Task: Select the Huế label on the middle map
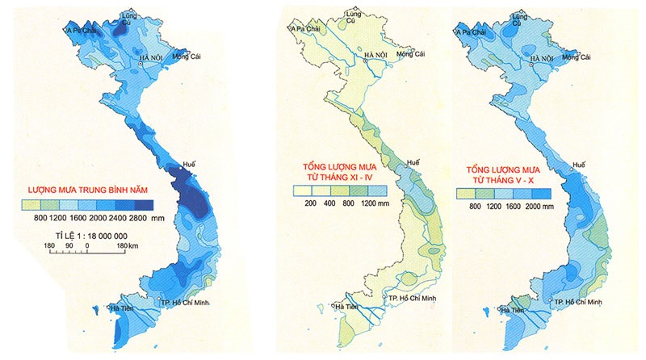(x=414, y=162)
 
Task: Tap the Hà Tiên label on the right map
(x=511, y=309)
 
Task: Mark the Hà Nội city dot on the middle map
(x=370, y=64)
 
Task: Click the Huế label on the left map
(x=191, y=164)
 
